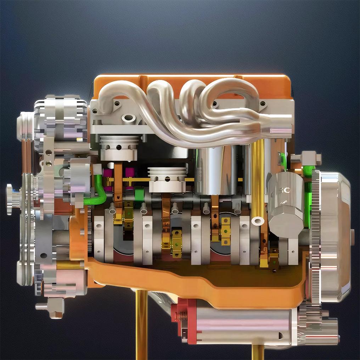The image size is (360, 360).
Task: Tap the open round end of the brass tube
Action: (x=257, y=221)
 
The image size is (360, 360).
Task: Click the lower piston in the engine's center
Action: (x=167, y=179)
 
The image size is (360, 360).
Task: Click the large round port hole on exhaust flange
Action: (x=128, y=118)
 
